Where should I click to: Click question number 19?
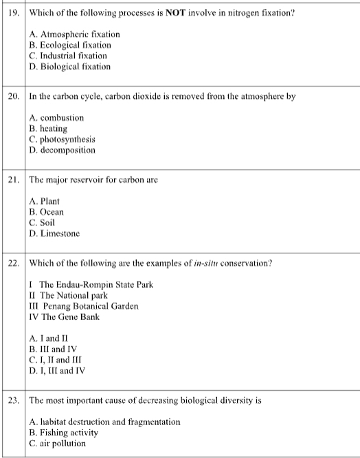tap(13, 13)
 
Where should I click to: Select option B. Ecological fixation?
tap(71, 45)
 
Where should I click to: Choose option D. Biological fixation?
tap(70, 67)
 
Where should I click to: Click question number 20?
tap(13, 97)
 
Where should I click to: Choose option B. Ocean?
tap(47, 211)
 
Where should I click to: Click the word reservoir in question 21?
tap(91, 180)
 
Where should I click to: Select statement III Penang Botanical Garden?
tap(85, 306)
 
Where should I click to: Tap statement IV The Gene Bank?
tap(65, 317)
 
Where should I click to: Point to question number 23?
tap(13, 400)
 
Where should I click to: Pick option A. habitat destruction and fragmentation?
tap(105, 421)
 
